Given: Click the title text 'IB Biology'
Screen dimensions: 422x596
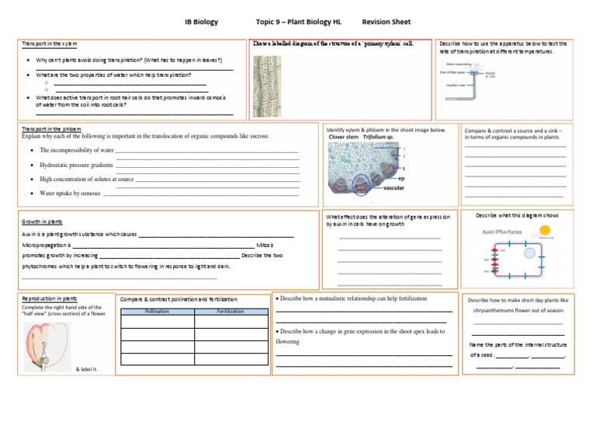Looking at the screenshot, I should [x=201, y=22].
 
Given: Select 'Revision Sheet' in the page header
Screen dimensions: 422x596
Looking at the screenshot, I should [x=386, y=22].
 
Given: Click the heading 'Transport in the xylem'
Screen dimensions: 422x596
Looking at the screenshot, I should [x=50, y=44].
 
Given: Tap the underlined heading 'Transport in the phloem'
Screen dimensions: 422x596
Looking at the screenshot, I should [x=51, y=129].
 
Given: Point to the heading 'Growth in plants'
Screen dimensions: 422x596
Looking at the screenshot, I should [x=43, y=221].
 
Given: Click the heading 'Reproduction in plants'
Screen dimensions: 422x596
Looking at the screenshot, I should [x=49, y=298].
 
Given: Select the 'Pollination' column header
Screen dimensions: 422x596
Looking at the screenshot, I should [x=157, y=311].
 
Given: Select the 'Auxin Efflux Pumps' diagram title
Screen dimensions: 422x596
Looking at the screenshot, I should [x=501, y=231].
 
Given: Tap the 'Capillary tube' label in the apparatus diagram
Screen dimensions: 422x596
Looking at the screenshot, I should [x=456, y=85].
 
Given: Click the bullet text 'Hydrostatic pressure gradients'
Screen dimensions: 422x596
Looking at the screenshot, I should [x=76, y=165].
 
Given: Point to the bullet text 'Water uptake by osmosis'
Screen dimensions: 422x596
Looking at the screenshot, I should [x=70, y=193].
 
